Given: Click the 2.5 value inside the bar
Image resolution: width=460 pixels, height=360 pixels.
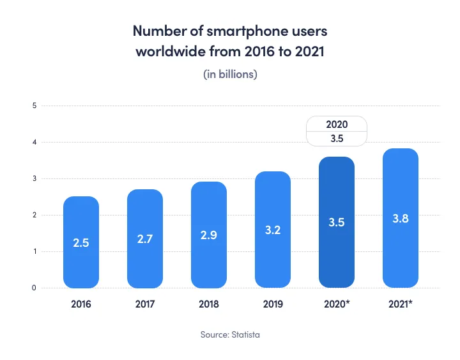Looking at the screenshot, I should coord(81,243).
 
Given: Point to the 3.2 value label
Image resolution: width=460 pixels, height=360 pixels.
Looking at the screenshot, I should coord(273,230).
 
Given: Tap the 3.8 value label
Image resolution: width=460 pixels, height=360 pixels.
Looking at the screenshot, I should coord(401,219).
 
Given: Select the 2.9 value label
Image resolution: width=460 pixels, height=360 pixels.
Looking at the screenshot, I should coord(209,235).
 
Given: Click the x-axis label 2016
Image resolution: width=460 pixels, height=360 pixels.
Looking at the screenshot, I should coord(81,304).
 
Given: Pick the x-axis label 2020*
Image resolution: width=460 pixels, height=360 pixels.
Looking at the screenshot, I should coord(337,304).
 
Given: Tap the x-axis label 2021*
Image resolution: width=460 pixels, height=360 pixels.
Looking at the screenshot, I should coord(401,304).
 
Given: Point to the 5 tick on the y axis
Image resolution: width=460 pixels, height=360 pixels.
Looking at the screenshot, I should coord(33,106).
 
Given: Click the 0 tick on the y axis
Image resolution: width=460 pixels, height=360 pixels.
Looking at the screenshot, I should coord(33,288).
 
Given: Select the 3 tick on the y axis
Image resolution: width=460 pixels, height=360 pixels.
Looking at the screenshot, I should coord(33,178).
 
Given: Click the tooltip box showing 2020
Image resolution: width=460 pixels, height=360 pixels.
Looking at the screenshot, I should coord(337,132).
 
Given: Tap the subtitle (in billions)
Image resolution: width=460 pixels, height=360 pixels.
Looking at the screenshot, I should coord(230,75).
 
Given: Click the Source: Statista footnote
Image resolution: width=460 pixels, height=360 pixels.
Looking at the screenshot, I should coord(230,334).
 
